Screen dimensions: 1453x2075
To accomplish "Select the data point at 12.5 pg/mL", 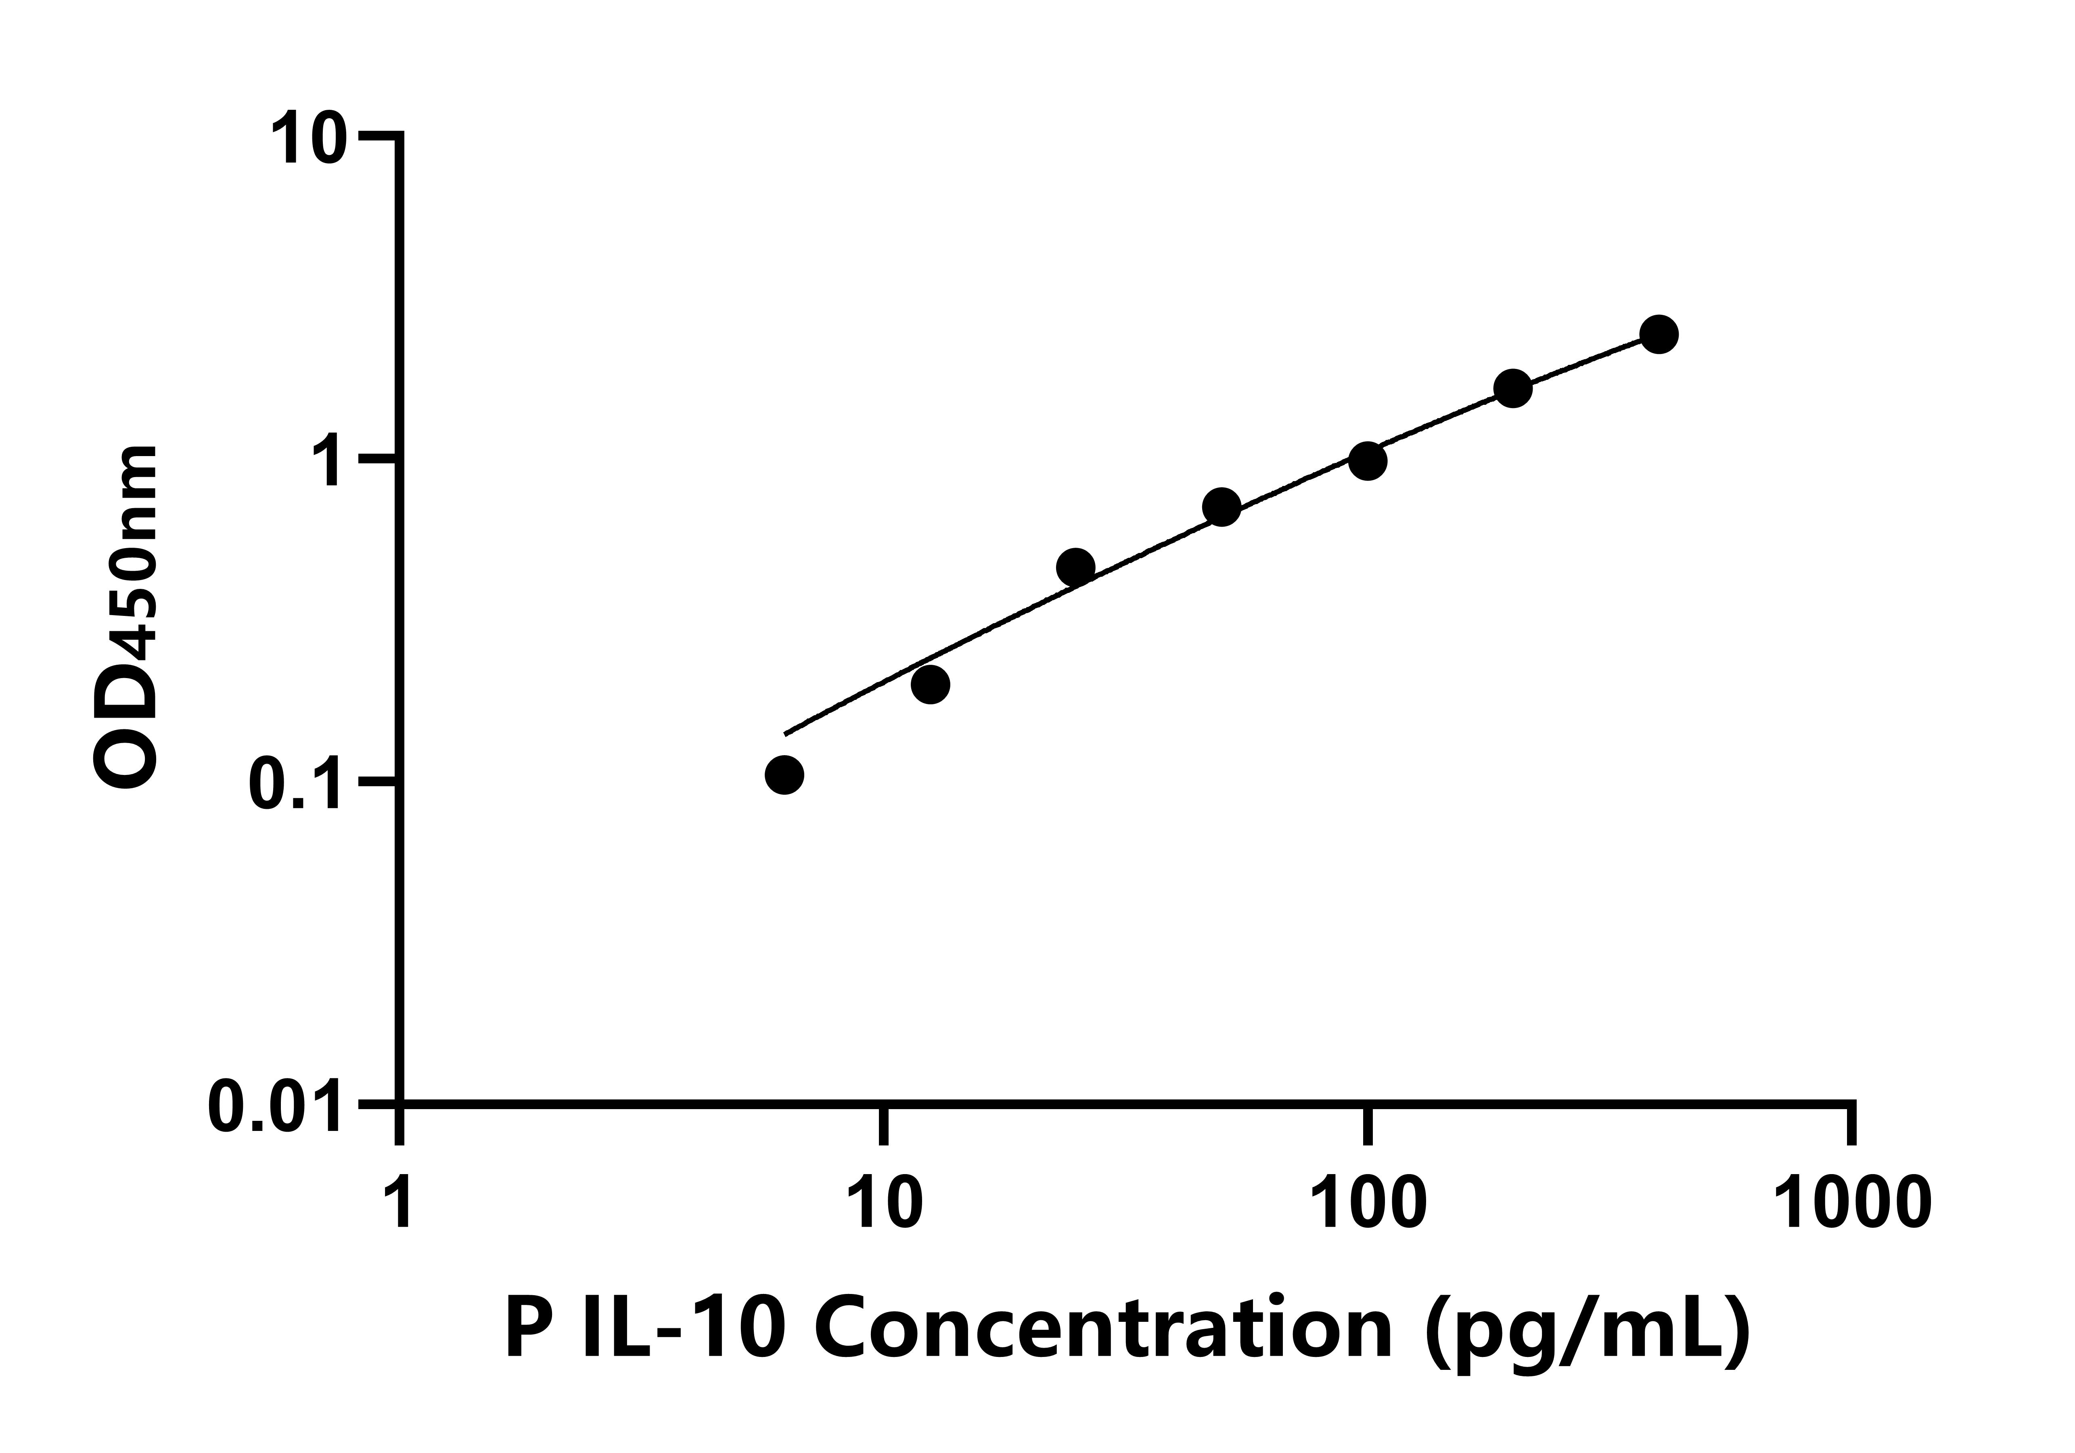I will tap(930, 685).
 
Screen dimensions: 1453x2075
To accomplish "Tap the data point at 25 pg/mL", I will tap(1075, 568).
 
